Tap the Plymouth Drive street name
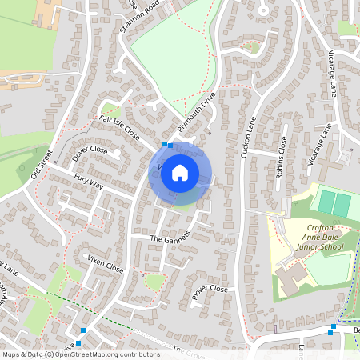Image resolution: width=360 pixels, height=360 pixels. (x=197, y=115)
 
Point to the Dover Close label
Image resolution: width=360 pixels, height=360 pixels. (x=90, y=152)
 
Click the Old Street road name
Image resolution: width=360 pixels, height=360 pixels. (x=41, y=163)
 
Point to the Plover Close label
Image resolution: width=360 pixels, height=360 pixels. (x=210, y=293)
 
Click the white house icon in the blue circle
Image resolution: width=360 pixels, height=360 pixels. (x=180, y=173)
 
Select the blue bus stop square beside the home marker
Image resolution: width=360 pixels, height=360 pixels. (x=166, y=145)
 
